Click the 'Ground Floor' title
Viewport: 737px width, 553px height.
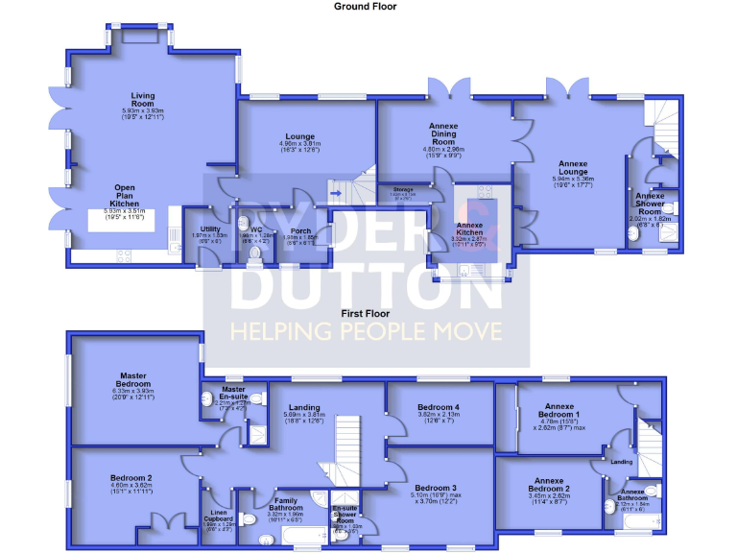[x=365, y=6]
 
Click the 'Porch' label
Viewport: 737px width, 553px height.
[x=300, y=230]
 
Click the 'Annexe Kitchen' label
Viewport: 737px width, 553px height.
[x=470, y=228]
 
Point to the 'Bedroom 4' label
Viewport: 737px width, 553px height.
[x=438, y=408]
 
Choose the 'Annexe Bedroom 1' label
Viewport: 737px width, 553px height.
[x=559, y=408]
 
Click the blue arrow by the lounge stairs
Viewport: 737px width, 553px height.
[x=334, y=191]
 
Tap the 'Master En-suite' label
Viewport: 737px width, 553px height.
[x=234, y=393]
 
